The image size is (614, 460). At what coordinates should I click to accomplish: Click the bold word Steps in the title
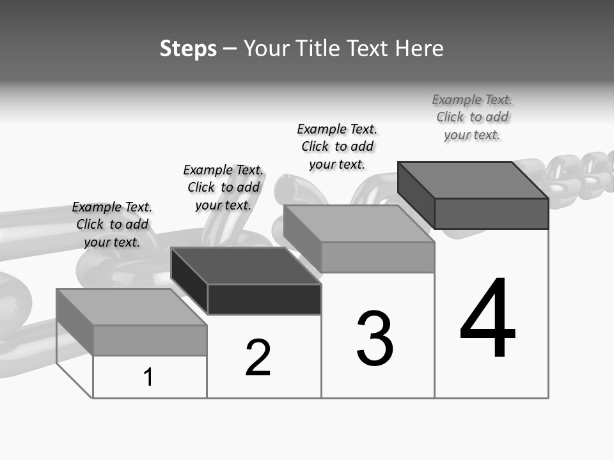[188, 49]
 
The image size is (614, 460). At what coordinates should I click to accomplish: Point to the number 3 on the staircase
[375, 339]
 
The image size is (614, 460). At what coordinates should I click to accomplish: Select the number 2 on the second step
[258, 358]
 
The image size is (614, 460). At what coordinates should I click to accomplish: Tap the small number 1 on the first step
[148, 377]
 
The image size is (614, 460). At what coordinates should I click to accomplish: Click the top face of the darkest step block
[246, 265]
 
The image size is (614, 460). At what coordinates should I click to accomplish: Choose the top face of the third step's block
[359, 223]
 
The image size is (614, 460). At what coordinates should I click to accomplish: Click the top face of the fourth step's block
[473, 180]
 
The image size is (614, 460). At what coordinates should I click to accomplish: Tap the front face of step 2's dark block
[264, 299]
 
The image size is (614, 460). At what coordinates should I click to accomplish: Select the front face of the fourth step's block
[491, 213]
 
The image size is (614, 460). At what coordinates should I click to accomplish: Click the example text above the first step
[112, 224]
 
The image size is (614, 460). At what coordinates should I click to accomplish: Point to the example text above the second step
[223, 187]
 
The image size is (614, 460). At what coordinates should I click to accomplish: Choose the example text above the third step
[337, 146]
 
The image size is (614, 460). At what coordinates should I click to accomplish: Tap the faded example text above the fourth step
[472, 117]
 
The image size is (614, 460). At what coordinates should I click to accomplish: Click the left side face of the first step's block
[74, 322]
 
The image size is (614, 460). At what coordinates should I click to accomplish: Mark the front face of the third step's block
[377, 257]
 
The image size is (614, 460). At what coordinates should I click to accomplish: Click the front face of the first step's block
[150, 340]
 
